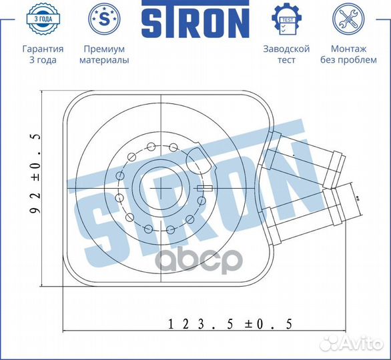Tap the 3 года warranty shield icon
coord(43,19)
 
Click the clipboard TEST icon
coord(286,19)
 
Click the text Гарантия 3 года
coord(43,55)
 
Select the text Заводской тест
coord(286,55)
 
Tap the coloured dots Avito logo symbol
coord(329,343)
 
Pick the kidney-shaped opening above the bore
coord(198,162)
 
